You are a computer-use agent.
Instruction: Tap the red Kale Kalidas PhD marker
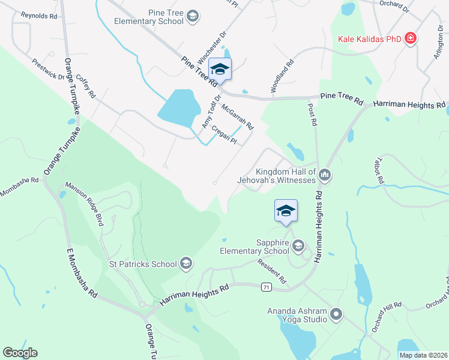[411, 39]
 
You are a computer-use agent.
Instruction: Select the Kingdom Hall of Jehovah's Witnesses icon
[325, 175]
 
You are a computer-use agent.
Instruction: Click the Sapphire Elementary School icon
[298, 245]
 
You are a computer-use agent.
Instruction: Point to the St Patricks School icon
[186, 263]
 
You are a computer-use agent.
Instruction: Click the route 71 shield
[266, 287]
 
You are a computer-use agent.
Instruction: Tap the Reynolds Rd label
[38, 14]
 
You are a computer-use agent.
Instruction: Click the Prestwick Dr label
[48, 68]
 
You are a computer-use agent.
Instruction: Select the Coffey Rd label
[86, 85]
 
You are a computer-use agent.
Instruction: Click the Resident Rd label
[272, 271]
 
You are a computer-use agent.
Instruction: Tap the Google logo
[20, 353]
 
